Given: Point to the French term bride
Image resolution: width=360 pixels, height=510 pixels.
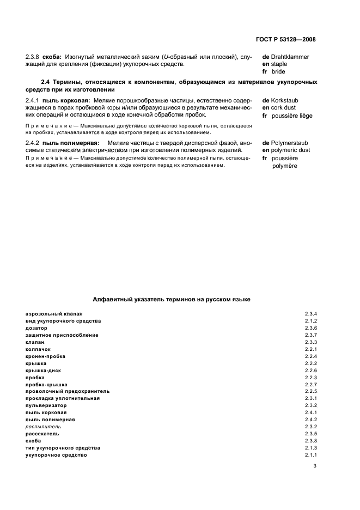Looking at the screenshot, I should pyautogui.click(x=278, y=71).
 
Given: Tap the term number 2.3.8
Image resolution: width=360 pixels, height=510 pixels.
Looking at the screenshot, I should pyautogui.click(x=33, y=57).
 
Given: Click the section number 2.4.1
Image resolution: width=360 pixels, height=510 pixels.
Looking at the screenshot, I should pyautogui.click(x=33, y=101).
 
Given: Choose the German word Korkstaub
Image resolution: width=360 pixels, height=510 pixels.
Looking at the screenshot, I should pyautogui.click(x=288, y=101).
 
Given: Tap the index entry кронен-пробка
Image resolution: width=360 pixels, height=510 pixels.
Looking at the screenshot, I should pyautogui.click(x=45, y=356).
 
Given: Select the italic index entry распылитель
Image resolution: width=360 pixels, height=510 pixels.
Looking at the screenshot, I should pyautogui.click(x=43, y=427).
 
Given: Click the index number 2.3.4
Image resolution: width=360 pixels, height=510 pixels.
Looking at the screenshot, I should pyautogui.click(x=310, y=314).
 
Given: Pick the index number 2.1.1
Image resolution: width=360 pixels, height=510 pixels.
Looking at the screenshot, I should pyautogui.click(x=310, y=455).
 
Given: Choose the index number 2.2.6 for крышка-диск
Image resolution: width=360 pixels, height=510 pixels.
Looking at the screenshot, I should pyautogui.click(x=310, y=371).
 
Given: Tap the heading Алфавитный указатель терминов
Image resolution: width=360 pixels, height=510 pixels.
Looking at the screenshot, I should pyautogui.click(x=171, y=299).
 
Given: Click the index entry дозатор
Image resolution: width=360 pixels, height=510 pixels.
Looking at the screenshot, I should pyautogui.click(x=36, y=328).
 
